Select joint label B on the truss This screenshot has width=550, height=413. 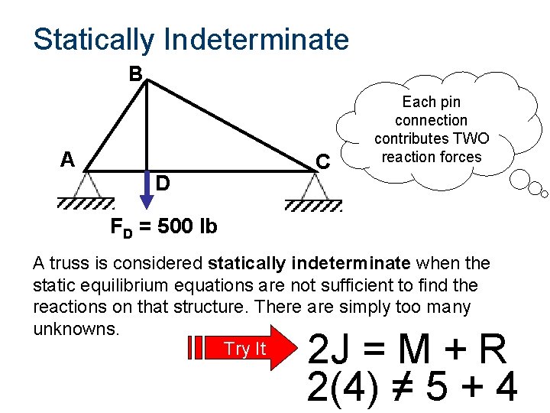click(x=135, y=74)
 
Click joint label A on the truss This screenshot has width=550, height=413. click(x=68, y=159)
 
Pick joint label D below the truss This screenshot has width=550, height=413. click(x=163, y=184)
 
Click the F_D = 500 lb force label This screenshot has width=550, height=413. click(x=163, y=227)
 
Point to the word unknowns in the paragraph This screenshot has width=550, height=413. click(x=76, y=329)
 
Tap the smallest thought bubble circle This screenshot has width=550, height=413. click(x=543, y=191)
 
